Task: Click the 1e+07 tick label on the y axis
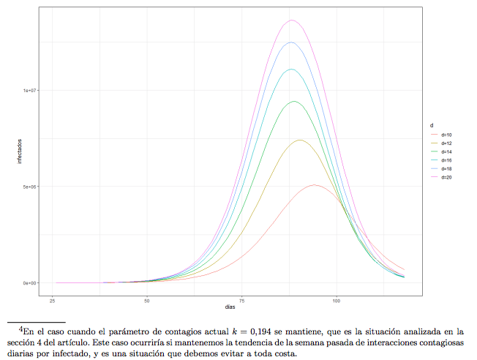pos(30,91)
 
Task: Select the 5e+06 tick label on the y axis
pos(30,187)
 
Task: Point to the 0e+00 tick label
pos(30,282)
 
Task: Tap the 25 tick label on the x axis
pos(53,300)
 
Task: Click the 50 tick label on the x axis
pos(148,300)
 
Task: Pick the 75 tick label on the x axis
pos(242,300)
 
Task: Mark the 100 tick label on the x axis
pos(337,300)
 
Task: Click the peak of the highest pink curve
pos(292,20)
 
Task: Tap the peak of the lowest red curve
pos(315,185)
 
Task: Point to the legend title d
pos(432,127)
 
